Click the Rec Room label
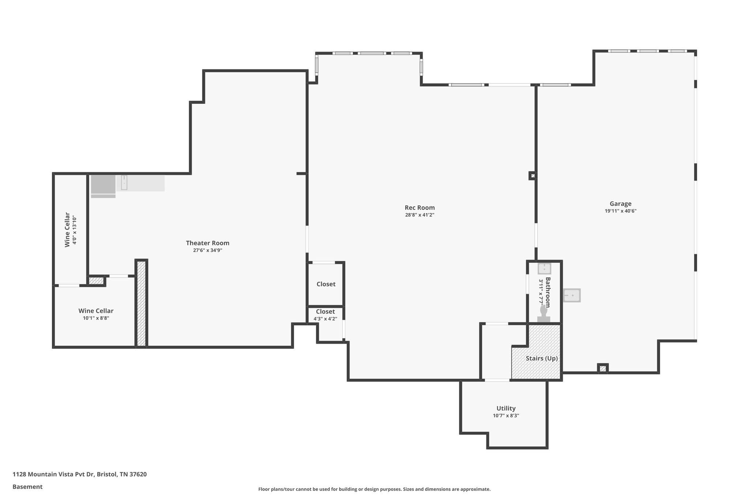(x=419, y=208)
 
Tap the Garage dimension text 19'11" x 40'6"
(x=620, y=211)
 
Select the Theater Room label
(x=207, y=243)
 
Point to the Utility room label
(x=506, y=408)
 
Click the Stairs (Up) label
(x=542, y=358)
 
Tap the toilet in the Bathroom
(x=543, y=313)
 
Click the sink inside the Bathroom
(x=544, y=269)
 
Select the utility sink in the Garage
(x=572, y=295)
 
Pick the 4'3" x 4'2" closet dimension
(x=325, y=319)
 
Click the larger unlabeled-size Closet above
(x=325, y=284)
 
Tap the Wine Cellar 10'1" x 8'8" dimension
(x=96, y=318)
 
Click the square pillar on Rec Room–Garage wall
(x=532, y=176)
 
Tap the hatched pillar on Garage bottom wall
(x=603, y=368)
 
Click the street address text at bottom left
(x=80, y=475)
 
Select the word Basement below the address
(x=27, y=487)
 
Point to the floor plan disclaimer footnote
(x=374, y=489)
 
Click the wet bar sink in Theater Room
(x=124, y=182)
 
